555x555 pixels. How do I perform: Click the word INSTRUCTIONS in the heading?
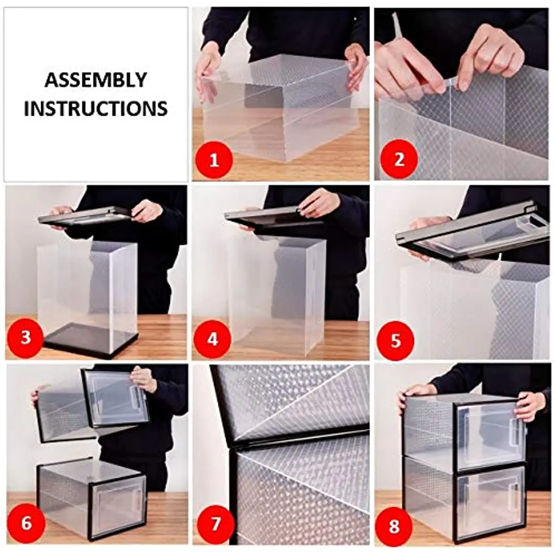96,108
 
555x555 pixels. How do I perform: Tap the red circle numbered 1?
214,160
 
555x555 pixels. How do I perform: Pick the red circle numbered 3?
25,338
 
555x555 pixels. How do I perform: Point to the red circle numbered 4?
212,339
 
